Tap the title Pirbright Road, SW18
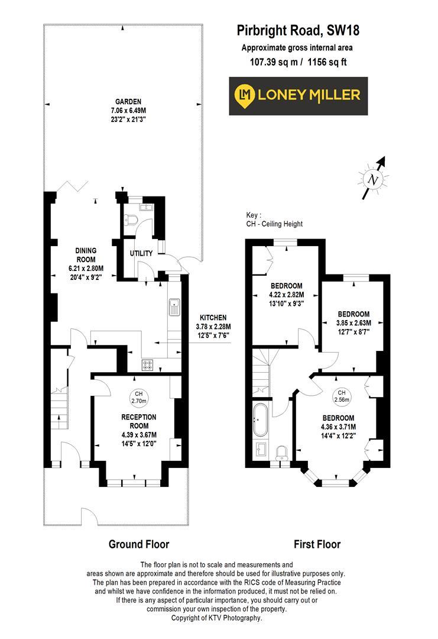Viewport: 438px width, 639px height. [x=298, y=30]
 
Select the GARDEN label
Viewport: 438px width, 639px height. [x=128, y=101]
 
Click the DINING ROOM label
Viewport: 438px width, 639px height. [x=86, y=250]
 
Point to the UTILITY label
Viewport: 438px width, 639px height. [x=141, y=253]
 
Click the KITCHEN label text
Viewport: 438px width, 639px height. [x=213, y=317]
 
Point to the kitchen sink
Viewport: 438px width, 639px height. [x=175, y=307]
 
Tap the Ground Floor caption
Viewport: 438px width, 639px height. [x=138, y=544]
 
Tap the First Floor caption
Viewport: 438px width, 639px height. [x=317, y=544]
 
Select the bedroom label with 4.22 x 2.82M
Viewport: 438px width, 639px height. [x=287, y=286]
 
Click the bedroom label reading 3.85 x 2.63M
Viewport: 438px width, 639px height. [x=353, y=314]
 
